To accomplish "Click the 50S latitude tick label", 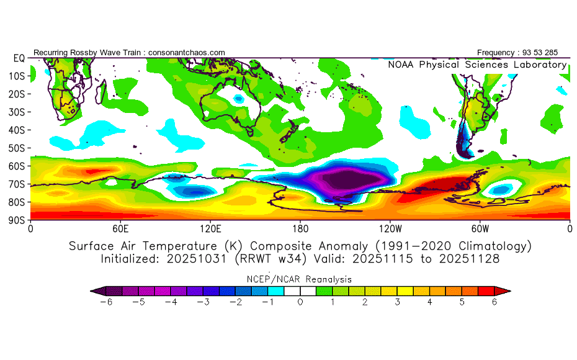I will [16, 148].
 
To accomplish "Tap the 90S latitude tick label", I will [16, 220].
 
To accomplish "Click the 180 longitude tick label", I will [300, 228].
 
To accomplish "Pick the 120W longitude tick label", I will [390, 228].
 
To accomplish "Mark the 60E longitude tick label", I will [120, 228].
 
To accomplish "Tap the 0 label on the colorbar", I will [300, 302].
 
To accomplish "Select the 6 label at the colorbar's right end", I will [494, 302].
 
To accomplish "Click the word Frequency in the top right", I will [497, 52].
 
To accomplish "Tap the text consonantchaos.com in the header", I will [187, 52].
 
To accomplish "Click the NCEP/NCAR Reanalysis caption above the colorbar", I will [300, 279].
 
